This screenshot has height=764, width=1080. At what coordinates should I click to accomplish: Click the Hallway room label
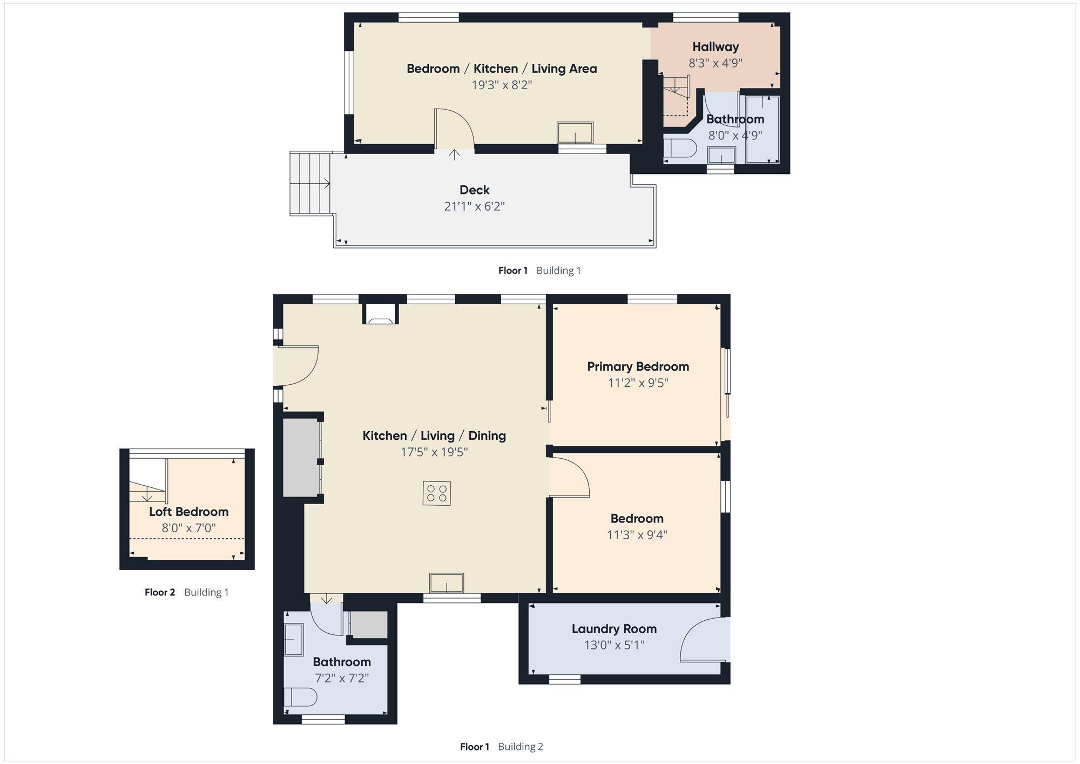click(x=715, y=47)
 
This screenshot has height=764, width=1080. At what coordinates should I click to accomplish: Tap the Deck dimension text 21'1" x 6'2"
click(x=474, y=206)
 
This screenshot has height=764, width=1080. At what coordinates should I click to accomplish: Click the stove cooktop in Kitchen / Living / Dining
click(x=437, y=493)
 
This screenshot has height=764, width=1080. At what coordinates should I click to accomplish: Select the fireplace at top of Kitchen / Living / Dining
click(x=381, y=314)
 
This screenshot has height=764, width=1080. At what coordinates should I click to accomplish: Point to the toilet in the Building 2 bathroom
click(x=300, y=697)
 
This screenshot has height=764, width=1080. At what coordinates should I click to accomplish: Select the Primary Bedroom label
click(x=638, y=367)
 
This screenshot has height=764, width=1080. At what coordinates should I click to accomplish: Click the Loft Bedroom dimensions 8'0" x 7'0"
click(x=188, y=528)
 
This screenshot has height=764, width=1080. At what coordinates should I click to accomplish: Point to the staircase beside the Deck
click(x=310, y=184)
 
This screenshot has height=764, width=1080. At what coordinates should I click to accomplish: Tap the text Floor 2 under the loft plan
click(x=160, y=592)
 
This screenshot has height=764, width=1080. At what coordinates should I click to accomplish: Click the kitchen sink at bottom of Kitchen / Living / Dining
click(x=447, y=583)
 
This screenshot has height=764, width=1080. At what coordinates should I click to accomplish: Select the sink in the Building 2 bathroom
click(x=294, y=640)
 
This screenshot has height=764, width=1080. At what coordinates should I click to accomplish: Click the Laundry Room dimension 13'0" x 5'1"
click(x=614, y=645)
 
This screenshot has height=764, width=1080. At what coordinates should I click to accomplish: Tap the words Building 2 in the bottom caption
click(x=520, y=747)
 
